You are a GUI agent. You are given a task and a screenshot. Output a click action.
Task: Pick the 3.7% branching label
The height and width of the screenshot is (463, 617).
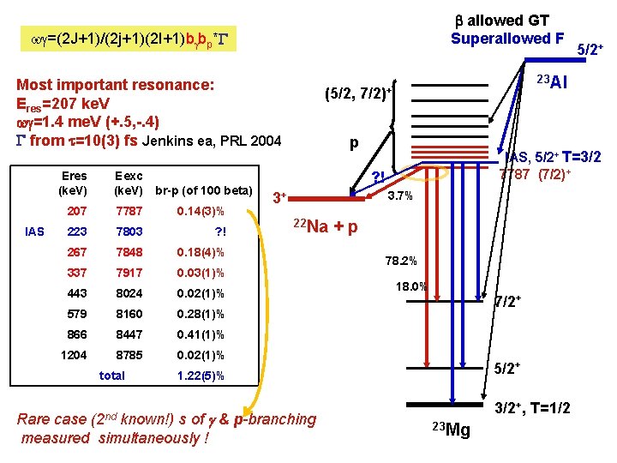click(x=399, y=197)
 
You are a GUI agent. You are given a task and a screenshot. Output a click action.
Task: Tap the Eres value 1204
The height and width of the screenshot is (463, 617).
click(x=74, y=355)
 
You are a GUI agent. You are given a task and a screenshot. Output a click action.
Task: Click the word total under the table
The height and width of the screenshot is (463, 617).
click(x=111, y=376)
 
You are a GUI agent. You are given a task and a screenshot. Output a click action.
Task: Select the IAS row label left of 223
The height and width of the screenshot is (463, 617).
click(x=35, y=231)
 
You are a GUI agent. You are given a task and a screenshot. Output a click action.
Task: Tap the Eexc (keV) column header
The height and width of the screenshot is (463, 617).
click(x=129, y=183)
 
